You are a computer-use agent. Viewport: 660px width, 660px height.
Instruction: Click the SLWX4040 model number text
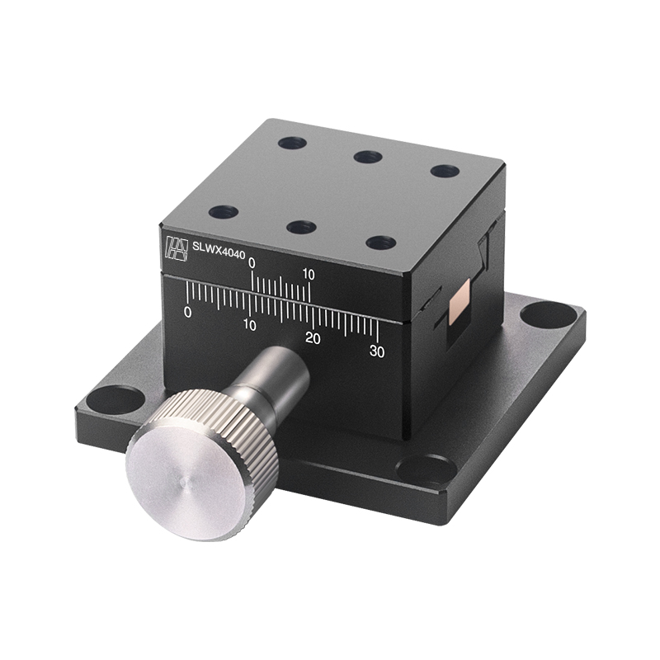(x=219, y=245)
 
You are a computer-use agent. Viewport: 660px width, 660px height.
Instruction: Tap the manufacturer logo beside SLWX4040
(x=176, y=247)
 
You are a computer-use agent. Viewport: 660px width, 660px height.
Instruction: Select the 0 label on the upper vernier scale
(x=252, y=263)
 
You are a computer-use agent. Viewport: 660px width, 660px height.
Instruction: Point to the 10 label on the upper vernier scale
(x=310, y=274)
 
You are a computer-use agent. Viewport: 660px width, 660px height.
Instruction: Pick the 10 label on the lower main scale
(x=249, y=325)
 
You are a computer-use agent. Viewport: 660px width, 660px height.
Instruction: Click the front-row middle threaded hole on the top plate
(x=302, y=227)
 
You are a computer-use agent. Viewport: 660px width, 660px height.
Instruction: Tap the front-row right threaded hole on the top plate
(x=380, y=243)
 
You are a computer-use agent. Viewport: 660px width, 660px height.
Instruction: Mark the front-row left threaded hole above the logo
(x=224, y=212)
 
